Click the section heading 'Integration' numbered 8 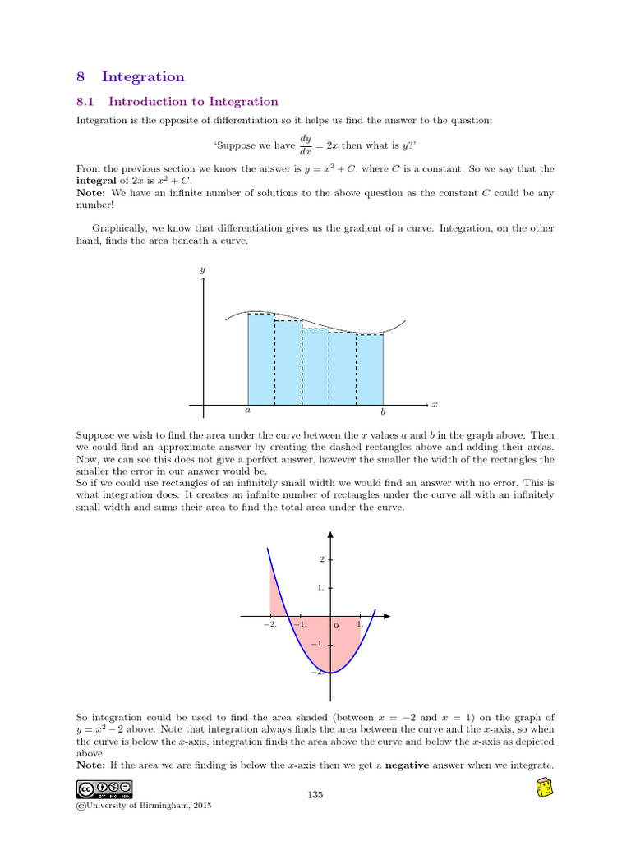[x=143, y=77]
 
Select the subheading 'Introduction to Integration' [x=193, y=102]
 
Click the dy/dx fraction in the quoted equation [x=305, y=145]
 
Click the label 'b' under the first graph [x=383, y=412]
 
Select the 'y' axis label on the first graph [x=202, y=269]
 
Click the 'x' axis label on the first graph [x=435, y=404]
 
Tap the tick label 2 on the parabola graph [x=322, y=559]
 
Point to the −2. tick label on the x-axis [x=270, y=625]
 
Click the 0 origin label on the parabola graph [x=336, y=627]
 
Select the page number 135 [x=315, y=794]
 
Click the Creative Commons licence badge [x=104, y=789]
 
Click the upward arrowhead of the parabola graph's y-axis [x=330, y=534]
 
